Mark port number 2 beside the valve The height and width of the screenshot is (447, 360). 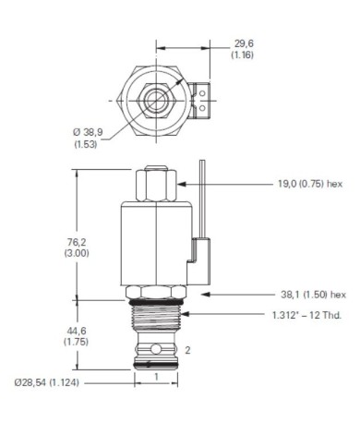tap(188, 350)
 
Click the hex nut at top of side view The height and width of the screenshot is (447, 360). tap(156, 188)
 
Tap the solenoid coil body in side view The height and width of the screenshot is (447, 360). tap(155, 245)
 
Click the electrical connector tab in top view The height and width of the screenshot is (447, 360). tap(203, 96)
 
